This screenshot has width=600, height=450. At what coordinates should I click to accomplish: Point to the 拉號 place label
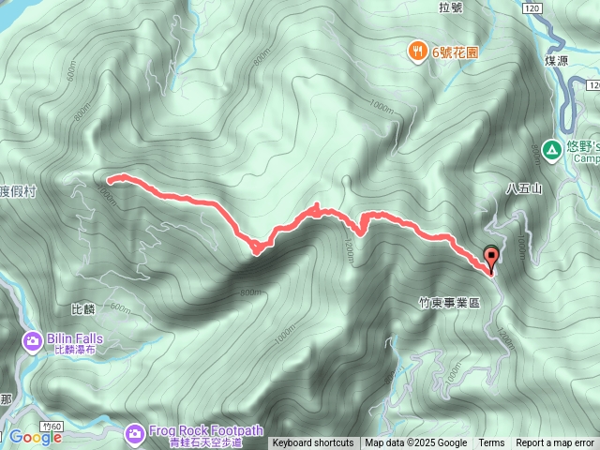[x=450, y=8]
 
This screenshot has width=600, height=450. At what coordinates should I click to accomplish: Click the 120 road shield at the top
[x=532, y=7]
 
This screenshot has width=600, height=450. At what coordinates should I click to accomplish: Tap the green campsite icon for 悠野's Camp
[x=552, y=148]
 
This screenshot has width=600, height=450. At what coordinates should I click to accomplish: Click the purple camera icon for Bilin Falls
[x=32, y=339]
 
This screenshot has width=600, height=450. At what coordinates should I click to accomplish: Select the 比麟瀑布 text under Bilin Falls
[x=76, y=350]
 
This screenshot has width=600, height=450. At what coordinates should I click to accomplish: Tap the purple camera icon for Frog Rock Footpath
[x=134, y=432]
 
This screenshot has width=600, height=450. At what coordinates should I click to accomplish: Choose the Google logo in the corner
[x=35, y=437]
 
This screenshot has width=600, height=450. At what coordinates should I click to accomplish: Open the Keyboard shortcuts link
[x=313, y=443]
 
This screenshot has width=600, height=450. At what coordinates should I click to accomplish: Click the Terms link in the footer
[x=491, y=443]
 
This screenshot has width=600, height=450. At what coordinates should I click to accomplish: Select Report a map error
[x=555, y=443]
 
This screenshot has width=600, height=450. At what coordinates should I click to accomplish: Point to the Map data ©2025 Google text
[x=416, y=443]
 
